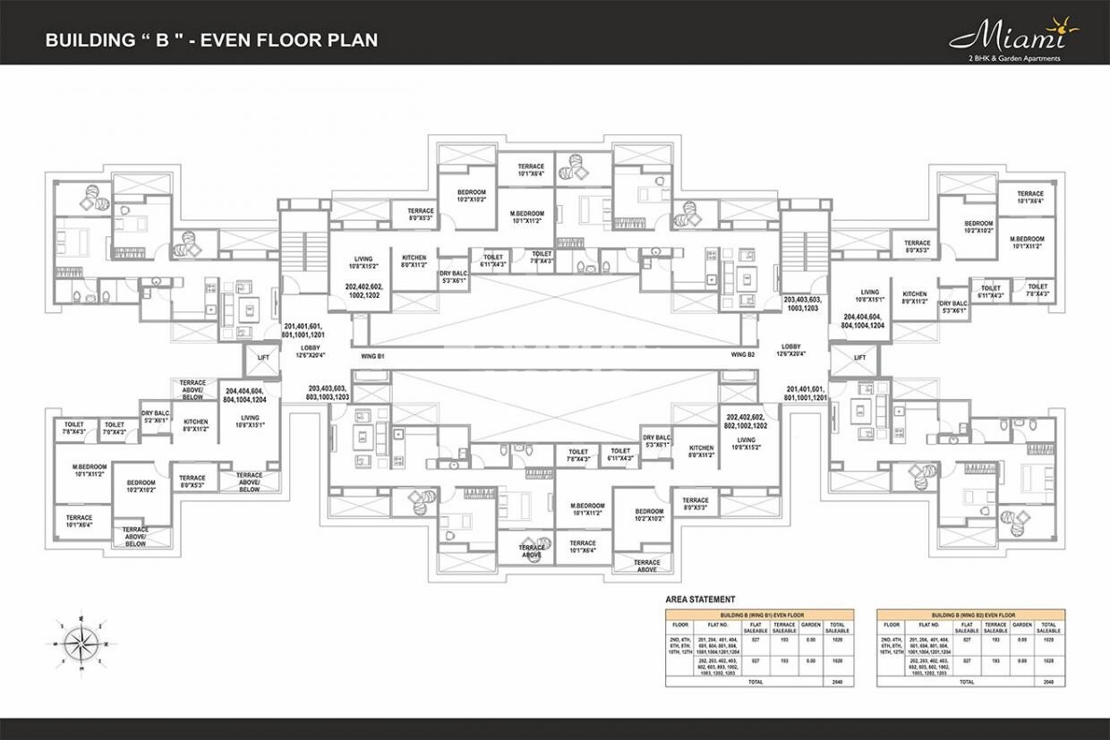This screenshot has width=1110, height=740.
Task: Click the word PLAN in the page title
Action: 354,40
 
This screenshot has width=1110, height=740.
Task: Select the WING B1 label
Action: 372,356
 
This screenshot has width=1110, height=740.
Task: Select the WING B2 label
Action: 743,356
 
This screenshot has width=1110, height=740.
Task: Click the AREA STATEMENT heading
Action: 701,600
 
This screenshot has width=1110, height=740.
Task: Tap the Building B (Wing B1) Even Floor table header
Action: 759,615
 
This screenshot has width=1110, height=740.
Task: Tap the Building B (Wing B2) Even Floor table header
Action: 970,615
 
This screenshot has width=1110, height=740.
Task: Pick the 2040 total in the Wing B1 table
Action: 838,682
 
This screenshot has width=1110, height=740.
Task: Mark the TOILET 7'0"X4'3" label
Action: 114,428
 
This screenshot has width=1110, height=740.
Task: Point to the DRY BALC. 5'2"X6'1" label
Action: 156,416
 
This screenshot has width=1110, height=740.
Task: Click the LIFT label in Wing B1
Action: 263,357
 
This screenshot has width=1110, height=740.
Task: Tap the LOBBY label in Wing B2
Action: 790,350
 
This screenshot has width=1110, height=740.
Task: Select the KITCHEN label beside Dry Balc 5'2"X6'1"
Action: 196,425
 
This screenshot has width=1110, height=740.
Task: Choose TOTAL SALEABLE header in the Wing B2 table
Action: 1049,627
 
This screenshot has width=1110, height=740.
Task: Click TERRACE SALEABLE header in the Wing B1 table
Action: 784,627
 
